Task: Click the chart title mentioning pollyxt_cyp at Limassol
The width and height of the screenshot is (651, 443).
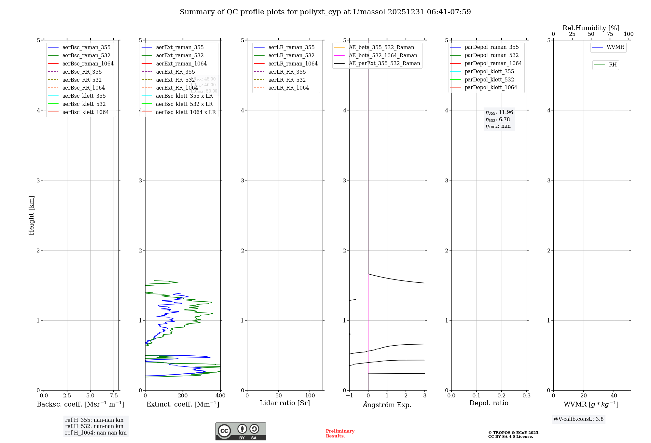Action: pos(325,12)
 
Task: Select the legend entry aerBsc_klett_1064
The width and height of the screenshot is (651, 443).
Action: pos(85,112)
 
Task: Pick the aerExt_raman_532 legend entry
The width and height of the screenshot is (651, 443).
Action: pos(180,55)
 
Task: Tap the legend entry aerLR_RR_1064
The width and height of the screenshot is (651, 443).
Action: pos(288,88)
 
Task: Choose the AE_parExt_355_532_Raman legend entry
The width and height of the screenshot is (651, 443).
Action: pos(384,63)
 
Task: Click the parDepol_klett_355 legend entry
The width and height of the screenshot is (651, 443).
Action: pos(489,71)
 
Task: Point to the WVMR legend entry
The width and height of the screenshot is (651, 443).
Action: pos(615,47)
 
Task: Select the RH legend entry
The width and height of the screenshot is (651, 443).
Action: pos(613,65)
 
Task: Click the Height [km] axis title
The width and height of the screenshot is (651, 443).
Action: pos(31,215)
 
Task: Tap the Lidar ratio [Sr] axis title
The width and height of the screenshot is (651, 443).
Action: pos(285,403)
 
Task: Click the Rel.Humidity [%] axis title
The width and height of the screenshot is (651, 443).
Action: pos(591,28)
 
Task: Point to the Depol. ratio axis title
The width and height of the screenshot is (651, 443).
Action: pos(489,403)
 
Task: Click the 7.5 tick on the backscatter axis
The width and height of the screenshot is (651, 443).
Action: pos(114,395)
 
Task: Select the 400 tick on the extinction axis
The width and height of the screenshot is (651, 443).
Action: pos(220,395)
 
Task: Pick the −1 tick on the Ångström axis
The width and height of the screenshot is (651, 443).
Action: pos(349,395)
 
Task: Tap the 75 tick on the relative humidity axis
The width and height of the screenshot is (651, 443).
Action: pos(610,34)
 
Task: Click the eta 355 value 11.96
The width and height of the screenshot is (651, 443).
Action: pos(506,112)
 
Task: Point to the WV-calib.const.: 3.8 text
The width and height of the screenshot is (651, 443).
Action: pos(578,419)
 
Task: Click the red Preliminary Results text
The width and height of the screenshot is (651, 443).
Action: pos(340,433)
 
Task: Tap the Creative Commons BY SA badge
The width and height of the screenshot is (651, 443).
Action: pos(241,431)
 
